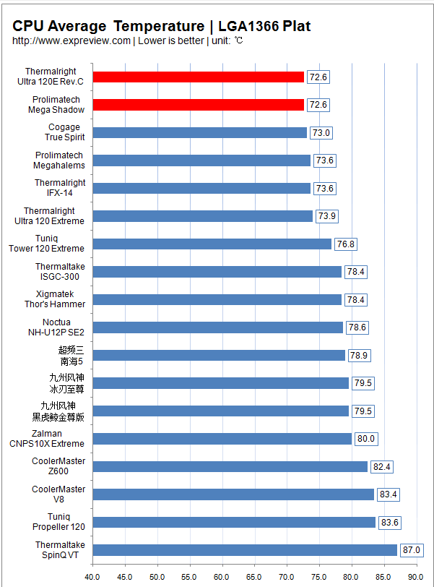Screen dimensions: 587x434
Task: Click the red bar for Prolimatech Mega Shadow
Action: tap(199, 105)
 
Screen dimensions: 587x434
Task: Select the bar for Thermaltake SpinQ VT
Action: tap(246, 550)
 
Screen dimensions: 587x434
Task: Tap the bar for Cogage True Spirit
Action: tap(200, 132)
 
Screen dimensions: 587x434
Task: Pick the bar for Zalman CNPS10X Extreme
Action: tap(222, 439)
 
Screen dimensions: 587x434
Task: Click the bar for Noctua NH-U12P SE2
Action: tap(218, 327)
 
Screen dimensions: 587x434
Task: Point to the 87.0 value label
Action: tap(412, 550)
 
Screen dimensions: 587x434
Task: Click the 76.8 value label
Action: tap(346, 244)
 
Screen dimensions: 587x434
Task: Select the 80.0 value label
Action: tap(366, 439)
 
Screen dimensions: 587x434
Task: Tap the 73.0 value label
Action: tap(321, 132)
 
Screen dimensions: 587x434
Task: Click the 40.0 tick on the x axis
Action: tap(92, 577)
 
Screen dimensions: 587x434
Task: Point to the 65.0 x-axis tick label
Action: tap(254, 577)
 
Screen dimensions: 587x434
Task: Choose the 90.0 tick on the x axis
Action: tap(415, 577)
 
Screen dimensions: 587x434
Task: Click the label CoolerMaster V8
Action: tap(58, 494)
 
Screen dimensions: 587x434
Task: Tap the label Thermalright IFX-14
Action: tap(59, 188)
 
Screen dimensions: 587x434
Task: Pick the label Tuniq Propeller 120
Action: tap(59, 522)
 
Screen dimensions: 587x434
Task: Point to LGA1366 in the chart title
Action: tap(248, 27)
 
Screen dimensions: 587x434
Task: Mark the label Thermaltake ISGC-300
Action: tap(59, 272)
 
